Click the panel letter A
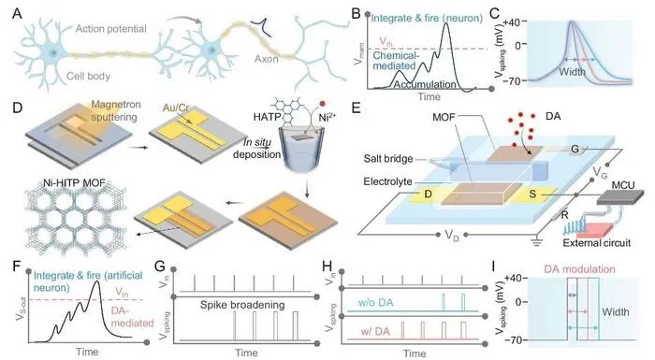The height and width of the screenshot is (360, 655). tap(17, 13)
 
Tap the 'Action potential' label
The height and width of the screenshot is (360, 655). tap(110, 29)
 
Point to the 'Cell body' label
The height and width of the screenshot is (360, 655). tap(88, 76)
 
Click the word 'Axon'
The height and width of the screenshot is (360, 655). tap(266, 59)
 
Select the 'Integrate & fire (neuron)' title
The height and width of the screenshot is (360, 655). tap(427, 18)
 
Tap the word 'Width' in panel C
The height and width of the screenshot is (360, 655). tap(572, 72)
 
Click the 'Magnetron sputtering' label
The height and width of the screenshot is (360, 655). tap(113, 110)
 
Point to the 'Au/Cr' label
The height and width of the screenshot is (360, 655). tap(176, 108)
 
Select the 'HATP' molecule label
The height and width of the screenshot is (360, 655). tap(266, 118)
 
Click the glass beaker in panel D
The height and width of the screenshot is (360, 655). tap(302, 151)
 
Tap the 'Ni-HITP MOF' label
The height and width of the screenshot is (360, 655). tap(74, 182)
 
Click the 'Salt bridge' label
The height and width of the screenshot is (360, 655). tap(388, 159)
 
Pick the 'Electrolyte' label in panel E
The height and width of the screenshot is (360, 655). tap(387, 181)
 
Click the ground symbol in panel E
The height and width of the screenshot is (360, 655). tap(536, 241)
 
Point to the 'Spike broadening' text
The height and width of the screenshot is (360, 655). tap(242, 305)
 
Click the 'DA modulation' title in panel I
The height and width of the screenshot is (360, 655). tap(579, 269)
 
